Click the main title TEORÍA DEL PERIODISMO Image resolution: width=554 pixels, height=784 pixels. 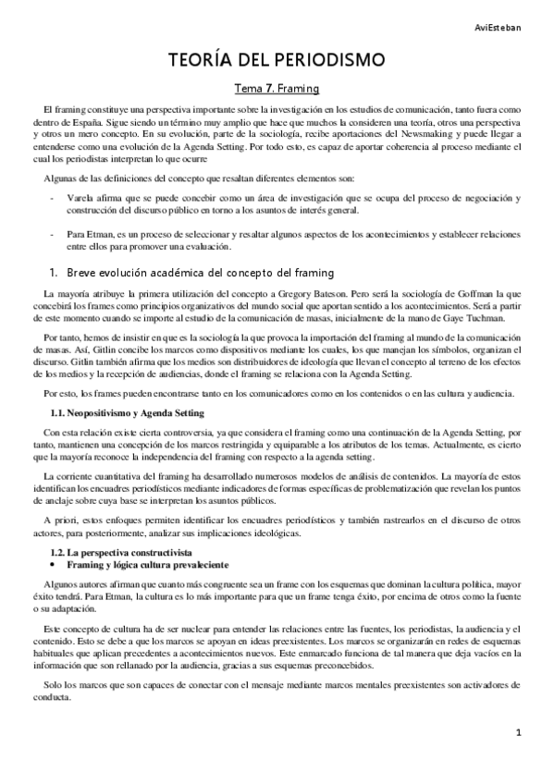277,62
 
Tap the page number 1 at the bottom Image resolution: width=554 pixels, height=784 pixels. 520,732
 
